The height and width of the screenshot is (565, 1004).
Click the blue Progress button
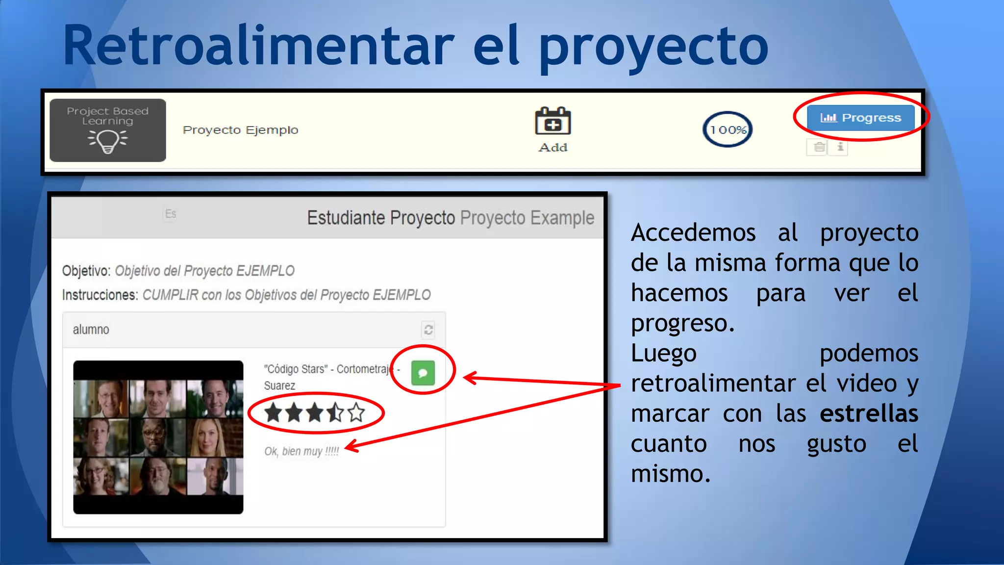tap(860, 118)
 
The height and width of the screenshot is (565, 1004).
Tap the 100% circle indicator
tap(728, 129)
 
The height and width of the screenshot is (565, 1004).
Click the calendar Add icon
tap(552, 122)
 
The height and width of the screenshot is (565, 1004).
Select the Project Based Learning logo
tap(108, 130)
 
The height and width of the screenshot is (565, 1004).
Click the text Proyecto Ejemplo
tap(240, 130)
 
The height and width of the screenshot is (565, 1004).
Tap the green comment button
tap(423, 373)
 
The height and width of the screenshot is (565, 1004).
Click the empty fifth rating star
tap(356, 413)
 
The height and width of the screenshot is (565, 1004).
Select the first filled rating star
tap(273, 413)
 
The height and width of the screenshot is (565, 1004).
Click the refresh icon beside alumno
tap(428, 330)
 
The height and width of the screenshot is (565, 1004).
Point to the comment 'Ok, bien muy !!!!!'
tap(301, 451)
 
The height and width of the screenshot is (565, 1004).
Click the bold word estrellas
tap(869, 413)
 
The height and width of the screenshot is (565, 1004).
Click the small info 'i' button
tap(840, 147)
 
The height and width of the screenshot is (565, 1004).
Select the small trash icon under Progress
tap(819, 147)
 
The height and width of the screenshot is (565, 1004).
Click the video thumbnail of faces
tap(158, 437)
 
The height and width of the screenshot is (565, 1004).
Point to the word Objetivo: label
tap(86, 271)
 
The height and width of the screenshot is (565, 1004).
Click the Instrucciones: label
tap(100, 295)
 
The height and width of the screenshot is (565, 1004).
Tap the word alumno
tap(91, 330)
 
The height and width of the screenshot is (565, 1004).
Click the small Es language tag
tap(170, 214)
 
